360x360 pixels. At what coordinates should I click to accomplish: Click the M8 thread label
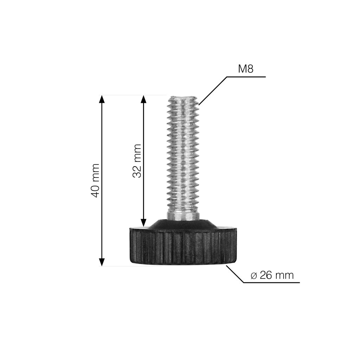coord(246,69)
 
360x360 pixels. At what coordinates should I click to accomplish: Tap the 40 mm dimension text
coord(95,180)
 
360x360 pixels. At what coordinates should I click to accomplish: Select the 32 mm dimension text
coord(137,161)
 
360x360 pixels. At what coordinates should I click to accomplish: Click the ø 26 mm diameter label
coord(272,275)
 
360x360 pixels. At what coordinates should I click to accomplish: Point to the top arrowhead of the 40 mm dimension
coord(102,99)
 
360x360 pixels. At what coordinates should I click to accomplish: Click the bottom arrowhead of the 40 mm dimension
coord(102,262)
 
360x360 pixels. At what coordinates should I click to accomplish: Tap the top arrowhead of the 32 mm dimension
coord(143,99)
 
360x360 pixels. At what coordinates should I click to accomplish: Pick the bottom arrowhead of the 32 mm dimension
coord(143,223)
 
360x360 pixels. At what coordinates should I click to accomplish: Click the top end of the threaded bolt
coord(183,97)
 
